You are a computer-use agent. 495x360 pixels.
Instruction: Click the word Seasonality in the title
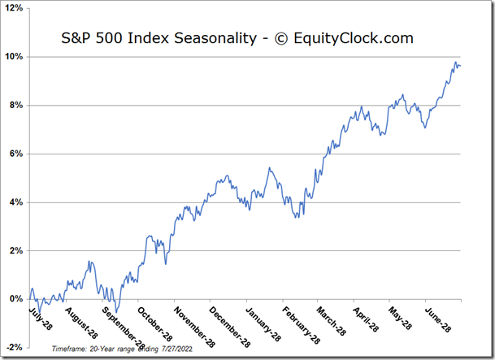(x=203, y=38)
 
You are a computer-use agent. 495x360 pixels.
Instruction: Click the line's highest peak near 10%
(x=455, y=62)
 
